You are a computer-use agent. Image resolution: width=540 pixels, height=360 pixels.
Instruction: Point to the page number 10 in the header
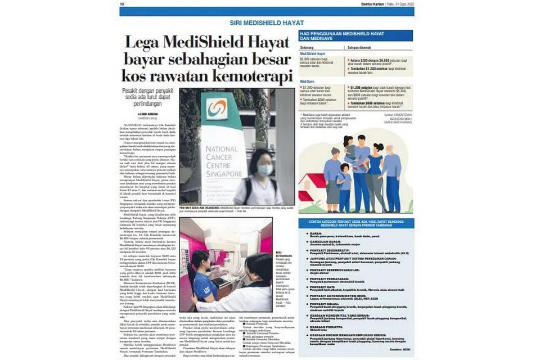pos(121,3)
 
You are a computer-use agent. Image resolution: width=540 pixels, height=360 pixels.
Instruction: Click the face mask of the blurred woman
pos(264,169)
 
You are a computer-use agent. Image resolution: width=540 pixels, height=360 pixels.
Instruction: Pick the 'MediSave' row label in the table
pos(308,81)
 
